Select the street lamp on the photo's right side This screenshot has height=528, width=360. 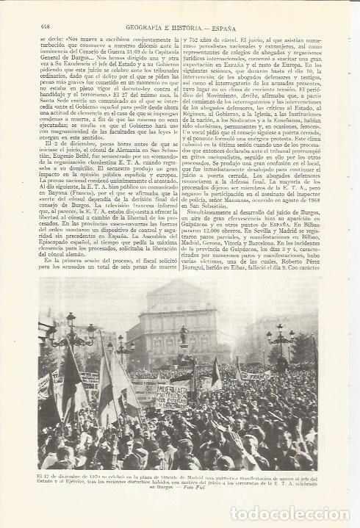point(279,338)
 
